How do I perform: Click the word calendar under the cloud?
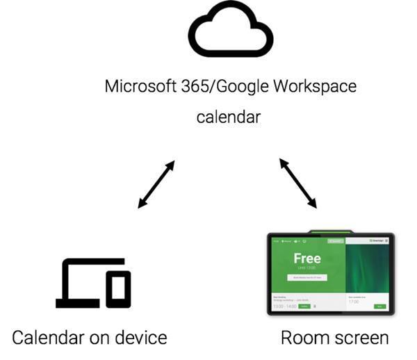(229, 117)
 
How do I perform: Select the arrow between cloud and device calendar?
(156, 184)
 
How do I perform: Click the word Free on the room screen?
(307, 259)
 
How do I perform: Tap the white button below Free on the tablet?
(306, 277)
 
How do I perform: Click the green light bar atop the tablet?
(331, 232)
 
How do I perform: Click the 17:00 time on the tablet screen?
(353, 301)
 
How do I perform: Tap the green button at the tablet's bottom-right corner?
(379, 306)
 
